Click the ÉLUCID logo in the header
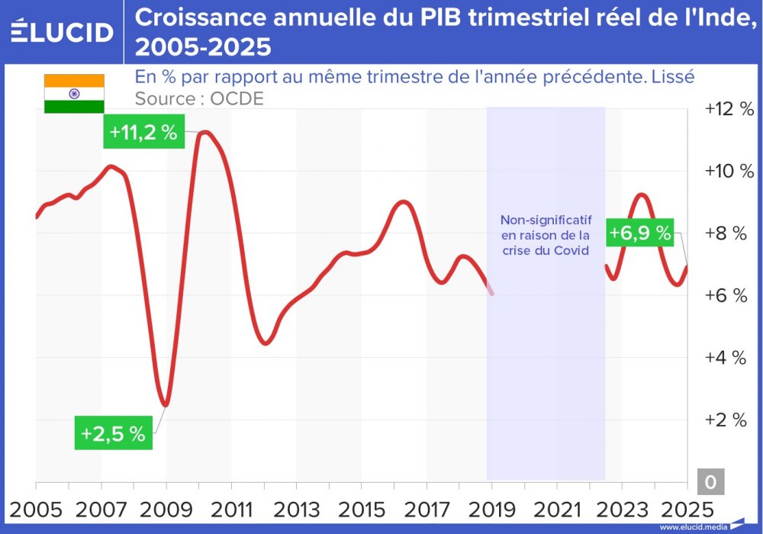tap(62, 32)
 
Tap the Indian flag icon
tap(74, 93)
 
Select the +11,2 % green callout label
tap(143, 132)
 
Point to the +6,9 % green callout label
tap(640, 233)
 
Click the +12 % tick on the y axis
tap(729, 109)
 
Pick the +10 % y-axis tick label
tap(729, 171)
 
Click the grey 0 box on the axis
tap(710, 482)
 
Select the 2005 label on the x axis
tap(36, 509)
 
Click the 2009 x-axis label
tap(166, 509)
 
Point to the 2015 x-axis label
tap(361, 509)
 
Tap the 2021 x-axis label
tap(556, 509)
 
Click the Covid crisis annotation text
tap(546, 234)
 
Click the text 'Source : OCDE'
tap(199, 98)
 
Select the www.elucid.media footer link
tap(693, 527)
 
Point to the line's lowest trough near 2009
tap(164, 405)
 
